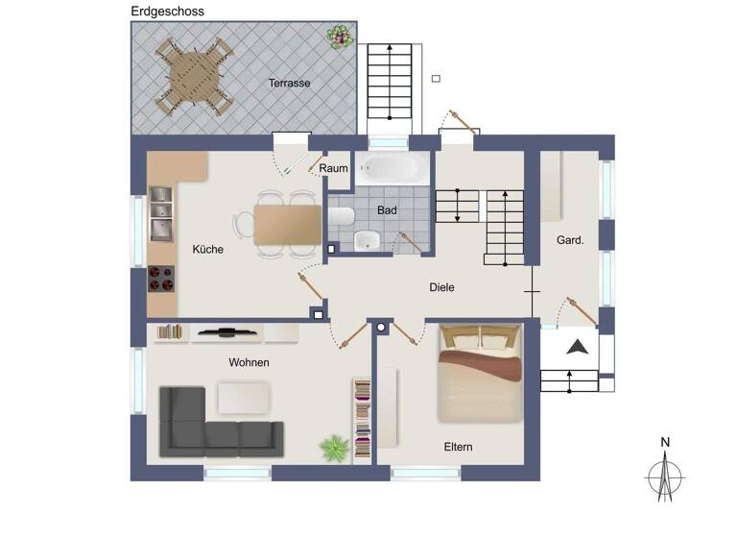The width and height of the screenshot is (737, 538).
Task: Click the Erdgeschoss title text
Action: [x=167, y=12]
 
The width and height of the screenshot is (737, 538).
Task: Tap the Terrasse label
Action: [x=289, y=83]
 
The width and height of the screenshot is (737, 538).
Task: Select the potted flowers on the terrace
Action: [x=339, y=37]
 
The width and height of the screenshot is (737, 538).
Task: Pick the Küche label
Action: [x=207, y=249]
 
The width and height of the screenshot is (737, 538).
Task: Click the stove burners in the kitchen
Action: [x=161, y=279]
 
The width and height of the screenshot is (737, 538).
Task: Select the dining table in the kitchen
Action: [x=288, y=224]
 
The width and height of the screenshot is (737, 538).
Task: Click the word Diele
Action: [x=441, y=287]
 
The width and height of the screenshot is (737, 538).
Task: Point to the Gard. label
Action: [x=570, y=240]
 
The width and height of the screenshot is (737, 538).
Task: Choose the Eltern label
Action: [x=458, y=447]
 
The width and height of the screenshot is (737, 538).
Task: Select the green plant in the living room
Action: [x=334, y=447]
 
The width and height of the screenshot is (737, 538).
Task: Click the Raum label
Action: [x=334, y=168]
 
